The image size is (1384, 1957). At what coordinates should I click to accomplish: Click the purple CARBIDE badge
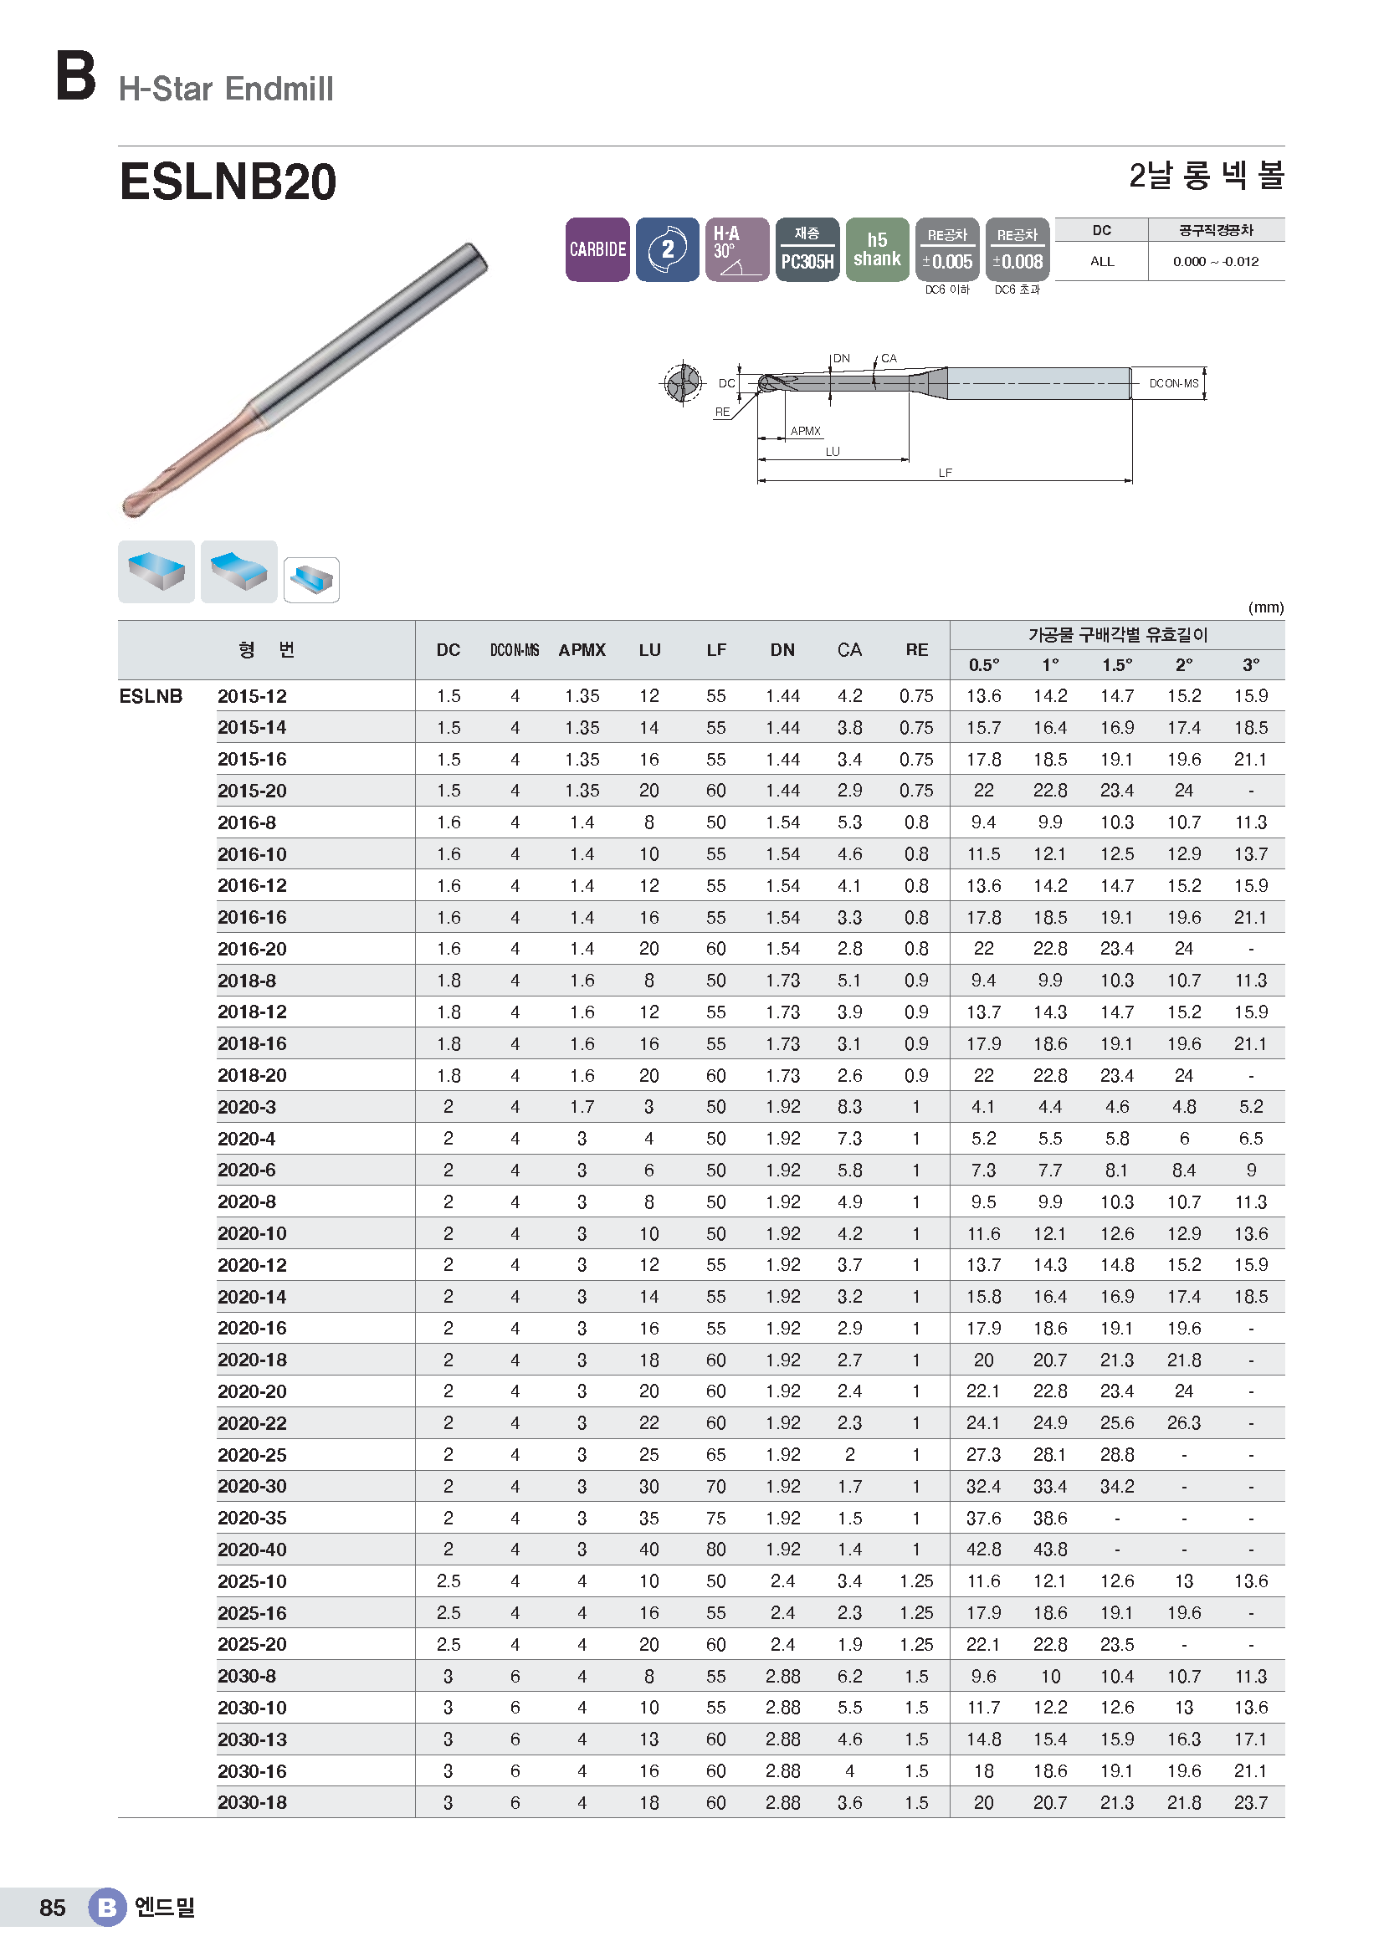point(597,248)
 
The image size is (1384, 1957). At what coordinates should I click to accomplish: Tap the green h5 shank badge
point(877,248)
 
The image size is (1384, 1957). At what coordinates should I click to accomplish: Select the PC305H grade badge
point(807,248)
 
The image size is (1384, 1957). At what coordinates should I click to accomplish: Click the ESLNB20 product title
point(228,182)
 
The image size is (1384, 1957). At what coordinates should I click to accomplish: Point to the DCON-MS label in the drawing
point(1173,383)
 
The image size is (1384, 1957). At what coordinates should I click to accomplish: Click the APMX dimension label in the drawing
point(805,431)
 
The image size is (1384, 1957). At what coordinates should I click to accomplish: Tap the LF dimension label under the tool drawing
point(945,472)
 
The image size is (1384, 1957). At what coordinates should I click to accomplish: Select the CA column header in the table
point(849,649)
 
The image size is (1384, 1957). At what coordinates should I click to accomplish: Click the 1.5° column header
point(1117,665)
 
